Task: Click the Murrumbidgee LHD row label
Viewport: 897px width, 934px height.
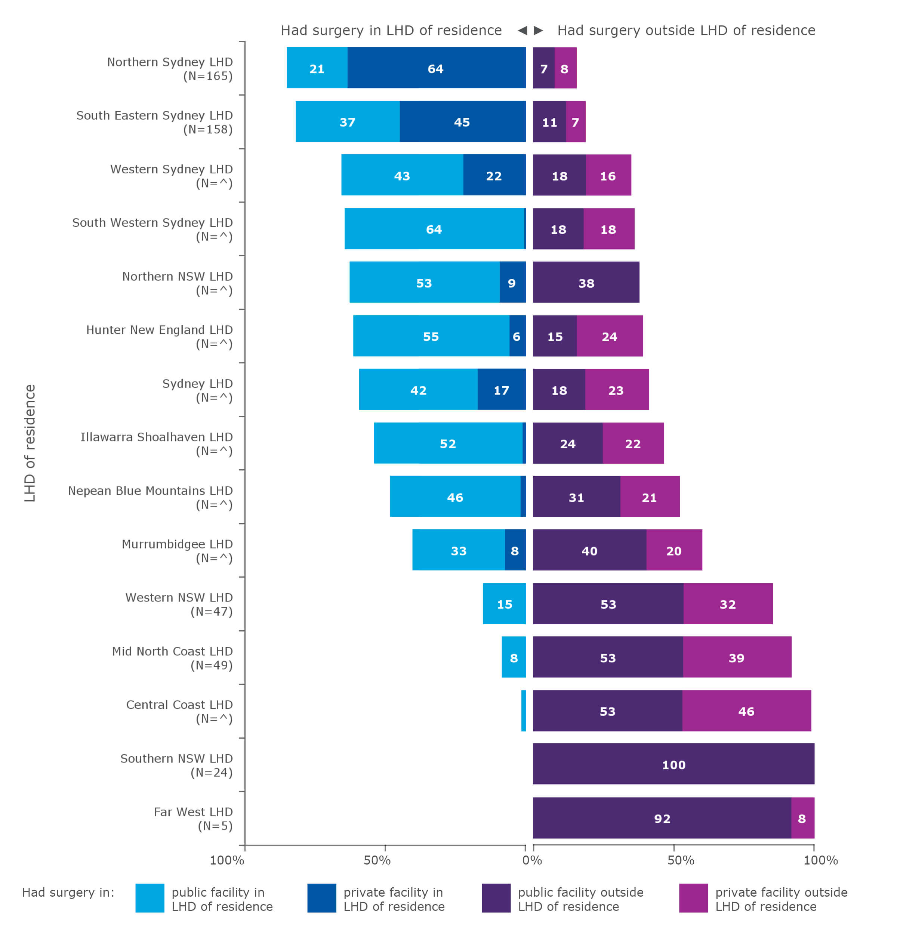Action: click(x=177, y=550)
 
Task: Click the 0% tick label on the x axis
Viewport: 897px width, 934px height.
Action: click(x=532, y=860)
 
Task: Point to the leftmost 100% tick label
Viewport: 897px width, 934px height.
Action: click(x=227, y=860)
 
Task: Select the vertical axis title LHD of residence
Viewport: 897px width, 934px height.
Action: click(x=30, y=443)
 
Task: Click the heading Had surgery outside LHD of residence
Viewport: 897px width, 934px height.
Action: click(x=686, y=31)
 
